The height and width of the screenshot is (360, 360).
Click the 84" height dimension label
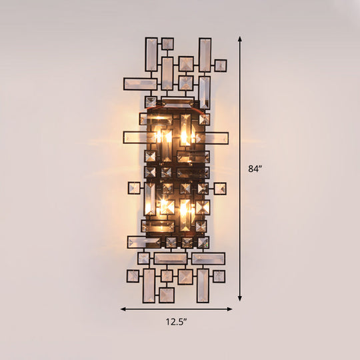pos(253,169)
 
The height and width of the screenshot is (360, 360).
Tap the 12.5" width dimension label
pos(177,322)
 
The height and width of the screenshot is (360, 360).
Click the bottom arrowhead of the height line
pos(239,297)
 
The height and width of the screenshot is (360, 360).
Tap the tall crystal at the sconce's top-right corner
pos(205,55)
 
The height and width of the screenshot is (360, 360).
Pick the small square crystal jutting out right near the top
pos(220,65)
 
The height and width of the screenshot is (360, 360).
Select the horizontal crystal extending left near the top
pos(140,84)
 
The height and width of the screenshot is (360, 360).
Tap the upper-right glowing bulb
pos(185,135)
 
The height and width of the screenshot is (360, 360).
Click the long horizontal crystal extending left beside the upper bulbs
pos(137,137)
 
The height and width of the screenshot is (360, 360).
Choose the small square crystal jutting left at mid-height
pos(134,188)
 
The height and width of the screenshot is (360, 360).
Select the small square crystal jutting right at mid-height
pos(220,189)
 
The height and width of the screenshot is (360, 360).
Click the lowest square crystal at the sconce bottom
pos(166,294)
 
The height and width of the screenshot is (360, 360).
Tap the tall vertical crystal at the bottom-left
pos(148,285)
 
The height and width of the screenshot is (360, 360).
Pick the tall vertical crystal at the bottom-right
pos(203,285)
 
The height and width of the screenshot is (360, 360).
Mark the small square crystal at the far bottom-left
pos(133,275)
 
